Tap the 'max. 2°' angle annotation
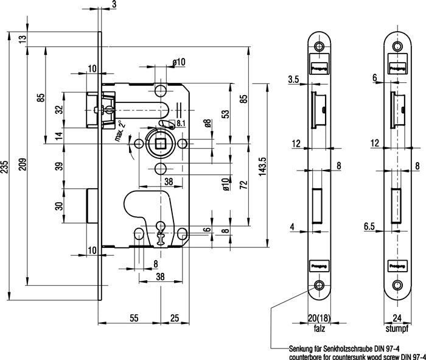point(120,130)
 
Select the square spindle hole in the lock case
point(161,144)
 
